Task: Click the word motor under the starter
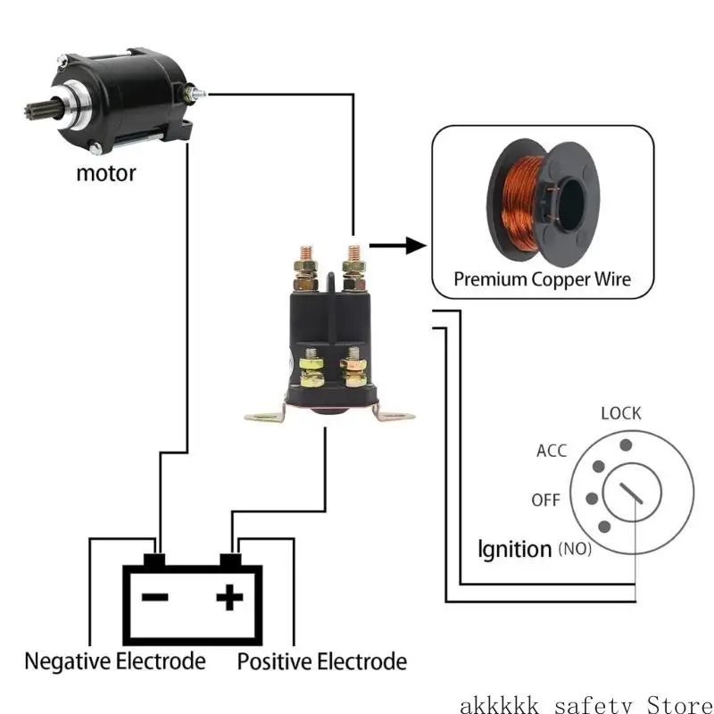tap(105, 171)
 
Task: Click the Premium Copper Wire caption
tap(542, 278)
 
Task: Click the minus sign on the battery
tap(156, 596)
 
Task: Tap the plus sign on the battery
tap(230, 596)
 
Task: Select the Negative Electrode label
tap(114, 661)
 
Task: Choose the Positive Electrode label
tap(321, 661)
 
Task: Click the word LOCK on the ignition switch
tap(621, 413)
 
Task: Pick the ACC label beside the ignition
tap(552, 451)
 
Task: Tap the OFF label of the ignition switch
tap(545, 500)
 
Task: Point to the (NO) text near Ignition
tap(574, 549)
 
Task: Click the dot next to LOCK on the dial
tap(626, 444)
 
